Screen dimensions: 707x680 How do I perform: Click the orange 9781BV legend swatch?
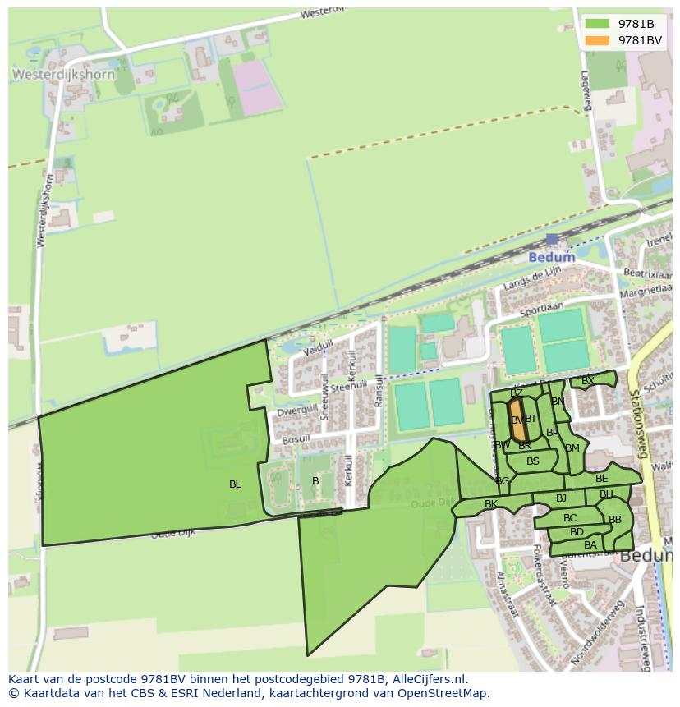click(x=598, y=40)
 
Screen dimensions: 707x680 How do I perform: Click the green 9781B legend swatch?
click(x=598, y=24)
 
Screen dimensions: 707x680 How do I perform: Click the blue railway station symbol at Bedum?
click(x=552, y=239)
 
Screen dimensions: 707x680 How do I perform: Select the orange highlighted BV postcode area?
click(x=517, y=420)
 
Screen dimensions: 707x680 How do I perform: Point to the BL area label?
click(x=235, y=484)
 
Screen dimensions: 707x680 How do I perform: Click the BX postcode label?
click(x=587, y=381)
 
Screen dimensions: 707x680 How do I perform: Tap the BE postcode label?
click(x=602, y=479)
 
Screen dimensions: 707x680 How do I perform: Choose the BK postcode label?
click(x=491, y=504)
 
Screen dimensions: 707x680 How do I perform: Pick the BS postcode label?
click(x=533, y=461)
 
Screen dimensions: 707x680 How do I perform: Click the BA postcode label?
click(x=590, y=545)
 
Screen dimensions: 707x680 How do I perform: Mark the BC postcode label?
click(x=570, y=518)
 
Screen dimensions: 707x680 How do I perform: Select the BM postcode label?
click(x=572, y=448)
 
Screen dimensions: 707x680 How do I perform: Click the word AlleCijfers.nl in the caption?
click(x=427, y=679)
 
